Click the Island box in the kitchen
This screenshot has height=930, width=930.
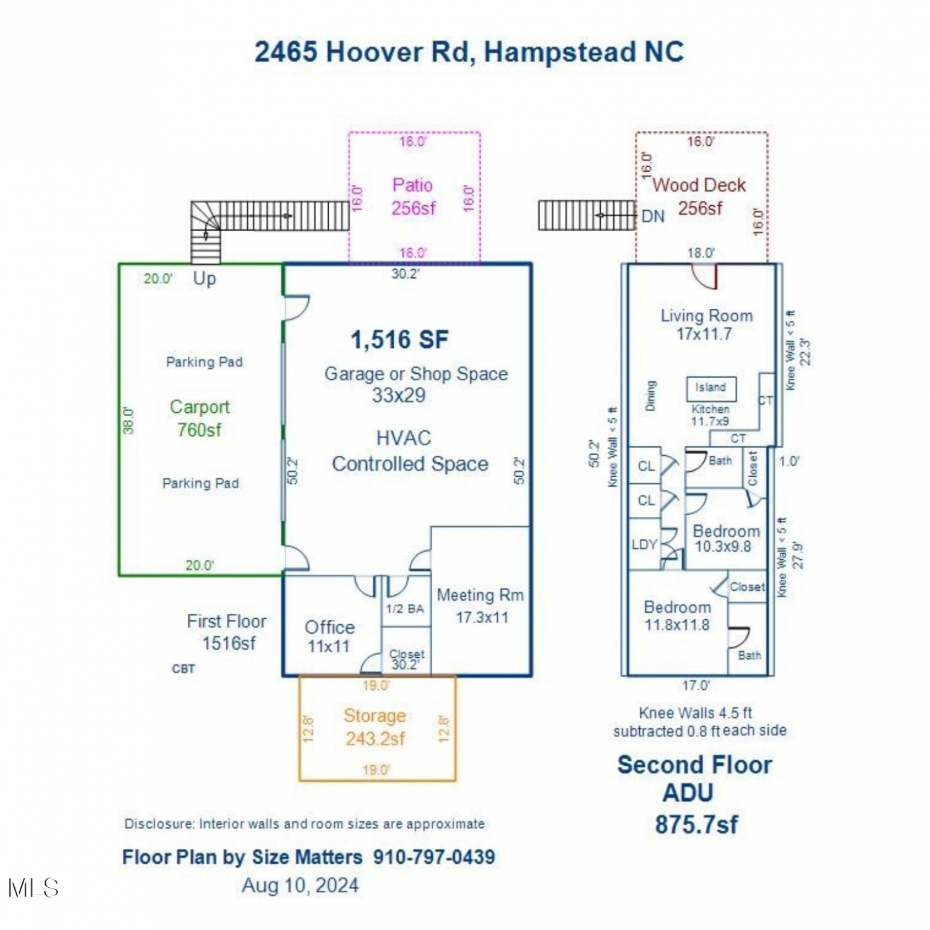[711, 388]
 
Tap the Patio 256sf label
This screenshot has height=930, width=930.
[413, 197]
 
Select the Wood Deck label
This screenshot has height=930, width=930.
[699, 185]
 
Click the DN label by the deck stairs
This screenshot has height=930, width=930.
[653, 216]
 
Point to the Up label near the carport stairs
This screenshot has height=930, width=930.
[205, 278]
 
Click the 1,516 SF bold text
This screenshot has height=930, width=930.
[399, 339]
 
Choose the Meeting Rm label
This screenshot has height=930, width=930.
[480, 595]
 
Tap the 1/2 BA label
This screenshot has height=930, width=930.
[405, 609]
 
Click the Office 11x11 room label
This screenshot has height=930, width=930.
[329, 637]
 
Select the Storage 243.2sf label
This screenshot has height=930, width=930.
[375, 727]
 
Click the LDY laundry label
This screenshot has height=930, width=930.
[644, 544]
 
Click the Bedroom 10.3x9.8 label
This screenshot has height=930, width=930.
[725, 539]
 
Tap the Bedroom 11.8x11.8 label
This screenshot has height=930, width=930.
[677, 616]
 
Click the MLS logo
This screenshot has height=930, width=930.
[33, 888]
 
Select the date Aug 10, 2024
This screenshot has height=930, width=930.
[301, 885]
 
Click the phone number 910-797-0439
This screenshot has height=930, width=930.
[434, 857]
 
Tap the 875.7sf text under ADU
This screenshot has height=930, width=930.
[696, 825]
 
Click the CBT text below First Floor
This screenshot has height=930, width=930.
[184, 669]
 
